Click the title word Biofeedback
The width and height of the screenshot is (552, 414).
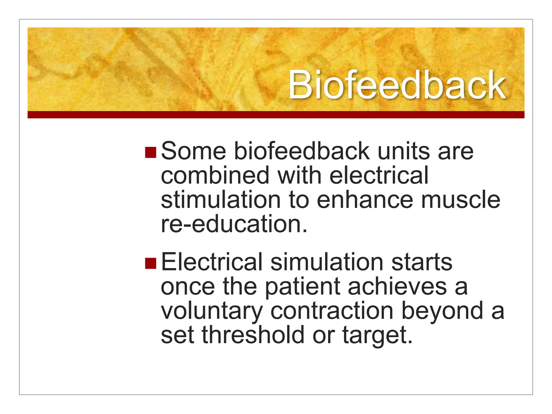click(397, 85)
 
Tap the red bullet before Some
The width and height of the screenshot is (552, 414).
click(150, 152)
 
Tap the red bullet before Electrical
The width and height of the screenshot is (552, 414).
click(150, 263)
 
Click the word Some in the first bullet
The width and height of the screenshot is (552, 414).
click(193, 151)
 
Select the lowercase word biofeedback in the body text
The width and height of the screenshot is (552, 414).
click(301, 151)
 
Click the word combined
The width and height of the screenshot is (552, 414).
click(215, 175)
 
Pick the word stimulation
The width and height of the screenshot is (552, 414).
click(221, 200)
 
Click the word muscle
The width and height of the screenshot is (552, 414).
click(460, 200)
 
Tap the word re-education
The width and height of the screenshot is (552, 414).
click(233, 224)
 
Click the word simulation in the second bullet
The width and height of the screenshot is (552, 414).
click(327, 262)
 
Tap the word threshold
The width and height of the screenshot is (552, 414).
click(253, 335)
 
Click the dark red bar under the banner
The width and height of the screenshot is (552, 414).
click(276, 115)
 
